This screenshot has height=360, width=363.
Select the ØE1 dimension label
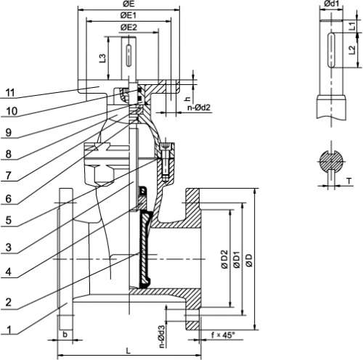pyautogui.click(x=129, y=15)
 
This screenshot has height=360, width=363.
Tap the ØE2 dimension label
pyautogui.click(x=129, y=28)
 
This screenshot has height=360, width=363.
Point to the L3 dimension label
pyautogui.click(x=103, y=58)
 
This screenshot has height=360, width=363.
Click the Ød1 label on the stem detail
pyautogui.click(x=331, y=4)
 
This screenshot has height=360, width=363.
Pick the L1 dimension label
pyautogui.click(x=352, y=26)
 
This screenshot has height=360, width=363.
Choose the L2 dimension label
pyautogui.click(x=352, y=50)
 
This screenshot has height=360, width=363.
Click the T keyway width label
pyautogui.click(x=349, y=181)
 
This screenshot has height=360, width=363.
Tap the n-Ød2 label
pyautogui.click(x=199, y=107)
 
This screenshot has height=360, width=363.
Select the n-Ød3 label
pyautogui.click(x=162, y=336)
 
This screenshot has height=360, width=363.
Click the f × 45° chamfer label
pyautogui.click(x=223, y=335)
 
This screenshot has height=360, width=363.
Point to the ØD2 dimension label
pyautogui.click(x=224, y=259)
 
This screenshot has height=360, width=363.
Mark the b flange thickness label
pyautogui.click(x=65, y=335)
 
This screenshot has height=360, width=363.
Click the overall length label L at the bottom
pyautogui.click(x=129, y=351)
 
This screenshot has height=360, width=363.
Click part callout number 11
pyautogui.click(x=10, y=93)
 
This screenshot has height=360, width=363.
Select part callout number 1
pyautogui.click(x=9, y=330)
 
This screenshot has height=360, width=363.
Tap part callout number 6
pyautogui.click(x=9, y=199)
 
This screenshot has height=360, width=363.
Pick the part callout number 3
pyautogui.click(x=9, y=247)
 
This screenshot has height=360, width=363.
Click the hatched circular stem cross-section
pyautogui.click(x=331, y=161)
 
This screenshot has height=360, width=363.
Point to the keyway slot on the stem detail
pyautogui.click(x=331, y=50)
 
